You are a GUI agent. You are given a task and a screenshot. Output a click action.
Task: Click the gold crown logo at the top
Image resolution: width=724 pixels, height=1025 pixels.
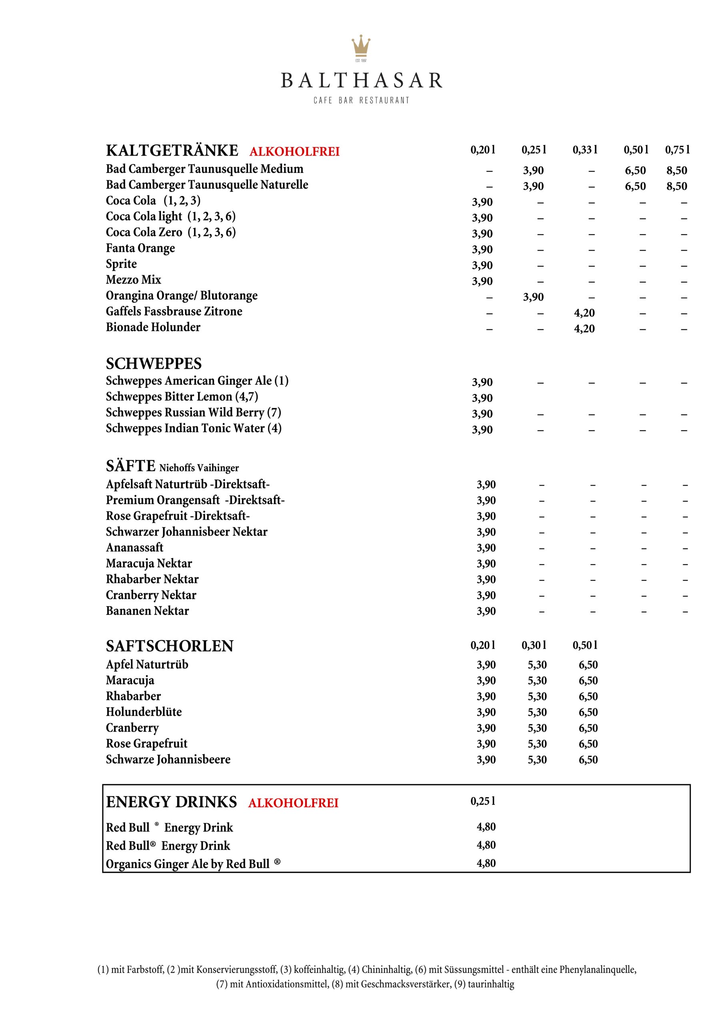(x=361, y=46)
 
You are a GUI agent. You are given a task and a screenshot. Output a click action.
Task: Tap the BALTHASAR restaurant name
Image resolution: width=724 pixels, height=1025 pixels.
(x=361, y=81)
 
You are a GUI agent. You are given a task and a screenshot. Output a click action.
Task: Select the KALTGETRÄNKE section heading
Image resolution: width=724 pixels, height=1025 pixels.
(x=172, y=151)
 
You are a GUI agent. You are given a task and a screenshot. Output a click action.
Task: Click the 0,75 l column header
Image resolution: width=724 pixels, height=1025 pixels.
(x=677, y=150)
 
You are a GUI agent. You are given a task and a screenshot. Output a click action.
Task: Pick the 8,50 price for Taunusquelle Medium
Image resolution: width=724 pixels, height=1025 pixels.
(x=677, y=171)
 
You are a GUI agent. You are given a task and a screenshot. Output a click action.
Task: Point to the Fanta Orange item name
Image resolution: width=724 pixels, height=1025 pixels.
(x=140, y=248)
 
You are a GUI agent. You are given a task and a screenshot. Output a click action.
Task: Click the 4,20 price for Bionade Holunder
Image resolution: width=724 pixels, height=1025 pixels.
(x=584, y=329)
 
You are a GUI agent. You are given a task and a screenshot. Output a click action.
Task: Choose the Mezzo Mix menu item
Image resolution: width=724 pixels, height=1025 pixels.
(x=133, y=280)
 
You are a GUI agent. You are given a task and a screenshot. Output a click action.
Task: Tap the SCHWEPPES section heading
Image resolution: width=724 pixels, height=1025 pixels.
(x=154, y=364)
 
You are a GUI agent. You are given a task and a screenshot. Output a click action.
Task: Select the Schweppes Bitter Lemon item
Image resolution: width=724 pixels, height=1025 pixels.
(x=182, y=397)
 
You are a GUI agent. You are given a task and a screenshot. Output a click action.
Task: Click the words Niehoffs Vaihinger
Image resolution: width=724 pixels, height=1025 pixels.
(x=199, y=468)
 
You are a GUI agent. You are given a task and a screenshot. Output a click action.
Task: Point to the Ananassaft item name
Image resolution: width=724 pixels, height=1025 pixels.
(x=134, y=548)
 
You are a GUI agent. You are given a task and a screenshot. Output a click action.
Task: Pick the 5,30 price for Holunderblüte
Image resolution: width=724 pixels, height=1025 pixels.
(x=537, y=713)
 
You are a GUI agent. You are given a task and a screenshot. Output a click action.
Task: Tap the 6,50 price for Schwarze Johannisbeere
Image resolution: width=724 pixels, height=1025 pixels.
(x=588, y=760)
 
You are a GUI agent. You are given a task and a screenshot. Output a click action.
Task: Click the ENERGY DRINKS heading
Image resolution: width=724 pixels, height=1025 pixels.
(x=171, y=802)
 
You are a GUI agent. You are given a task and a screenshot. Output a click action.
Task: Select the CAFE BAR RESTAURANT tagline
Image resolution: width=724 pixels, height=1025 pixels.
(x=361, y=100)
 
